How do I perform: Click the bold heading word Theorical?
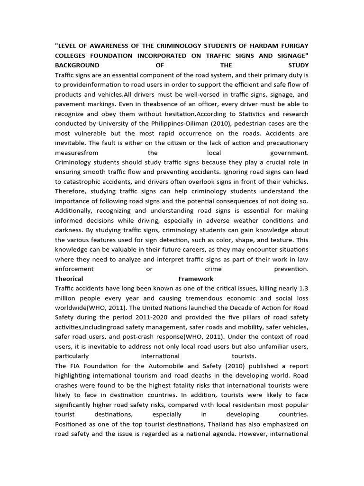pyautogui.click(x=69, y=279)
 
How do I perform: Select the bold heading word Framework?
pyautogui.click(x=196, y=279)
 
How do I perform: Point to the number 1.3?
pyautogui.click(x=303, y=289)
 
